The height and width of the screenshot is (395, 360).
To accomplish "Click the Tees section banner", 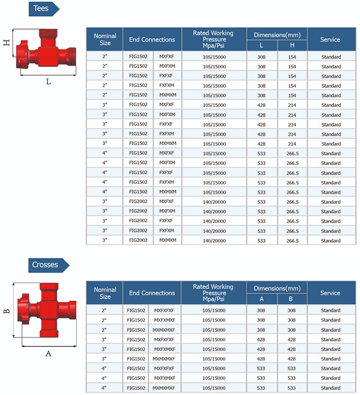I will coord(43,9).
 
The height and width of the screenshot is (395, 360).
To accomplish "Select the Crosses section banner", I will coord(47,265).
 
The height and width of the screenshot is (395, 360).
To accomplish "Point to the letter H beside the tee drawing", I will coord(7,42).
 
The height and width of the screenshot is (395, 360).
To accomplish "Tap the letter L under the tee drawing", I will coord(48,82).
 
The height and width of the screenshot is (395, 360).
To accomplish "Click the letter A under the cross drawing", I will coord(48,353).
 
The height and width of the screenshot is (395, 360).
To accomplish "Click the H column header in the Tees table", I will coord(292,45).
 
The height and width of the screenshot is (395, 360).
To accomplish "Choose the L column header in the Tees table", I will coord(262,45).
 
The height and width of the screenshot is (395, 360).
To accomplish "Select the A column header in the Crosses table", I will coord(262,299).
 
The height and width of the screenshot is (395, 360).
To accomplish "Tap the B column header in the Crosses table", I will coord(292,299).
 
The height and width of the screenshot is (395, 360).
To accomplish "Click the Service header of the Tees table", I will coord(330,39).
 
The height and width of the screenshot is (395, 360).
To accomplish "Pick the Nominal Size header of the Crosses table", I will coord(105,293).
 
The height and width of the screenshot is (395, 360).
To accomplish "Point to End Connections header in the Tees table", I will coord(152,39).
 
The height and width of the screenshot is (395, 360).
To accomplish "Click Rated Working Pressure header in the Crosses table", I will coord(213,293).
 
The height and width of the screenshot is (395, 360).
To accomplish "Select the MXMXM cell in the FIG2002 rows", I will coord(167,241).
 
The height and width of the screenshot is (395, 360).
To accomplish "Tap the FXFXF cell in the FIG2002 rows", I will coord(167,221).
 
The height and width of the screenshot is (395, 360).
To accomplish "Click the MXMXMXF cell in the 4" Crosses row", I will coord(164,388).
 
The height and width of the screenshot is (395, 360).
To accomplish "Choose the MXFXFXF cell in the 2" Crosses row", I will coord(164,311).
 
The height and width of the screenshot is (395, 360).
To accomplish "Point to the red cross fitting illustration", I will coord(47,311).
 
